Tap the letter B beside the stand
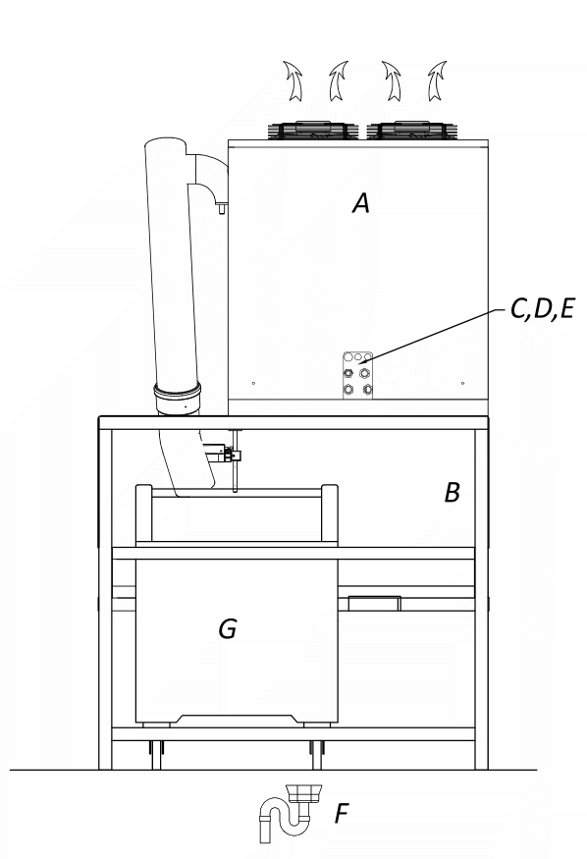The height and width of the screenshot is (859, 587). (x=452, y=493)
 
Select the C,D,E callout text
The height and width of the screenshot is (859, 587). (x=542, y=309)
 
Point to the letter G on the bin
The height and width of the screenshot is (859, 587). (x=228, y=628)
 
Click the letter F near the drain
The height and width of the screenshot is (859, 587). (x=342, y=813)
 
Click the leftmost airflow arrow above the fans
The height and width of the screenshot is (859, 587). (x=293, y=81)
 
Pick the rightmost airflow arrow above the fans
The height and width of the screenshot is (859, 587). (x=437, y=81)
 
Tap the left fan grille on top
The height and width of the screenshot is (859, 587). (x=313, y=130)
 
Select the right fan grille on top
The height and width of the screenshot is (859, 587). (x=411, y=130)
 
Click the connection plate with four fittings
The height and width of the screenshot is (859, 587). (x=357, y=375)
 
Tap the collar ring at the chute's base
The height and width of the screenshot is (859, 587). (x=177, y=392)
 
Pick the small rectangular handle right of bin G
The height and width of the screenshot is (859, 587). (x=375, y=603)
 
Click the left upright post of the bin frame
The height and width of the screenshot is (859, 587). (x=143, y=513)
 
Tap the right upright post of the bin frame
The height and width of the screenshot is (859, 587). (x=330, y=513)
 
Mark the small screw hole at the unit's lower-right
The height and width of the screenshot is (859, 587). (x=462, y=384)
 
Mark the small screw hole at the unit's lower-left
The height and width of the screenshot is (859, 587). (x=253, y=384)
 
